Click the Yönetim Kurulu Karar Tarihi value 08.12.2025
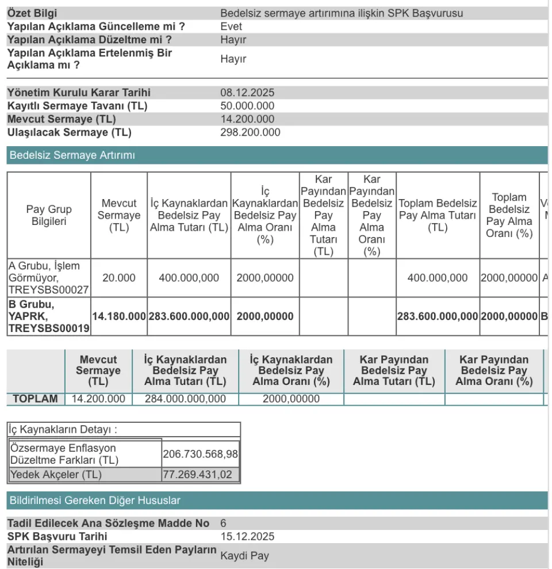[x=247, y=93]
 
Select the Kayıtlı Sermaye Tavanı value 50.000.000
[x=247, y=106]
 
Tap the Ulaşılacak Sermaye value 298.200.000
[x=250, y=132]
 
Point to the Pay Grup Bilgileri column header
[x=49, y=215]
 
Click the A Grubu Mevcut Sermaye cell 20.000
[x=119, y=278]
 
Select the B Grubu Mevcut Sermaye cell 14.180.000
[x=119, y=316]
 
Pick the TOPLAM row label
[x=35, y=399]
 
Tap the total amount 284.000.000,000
[x=185, y=399]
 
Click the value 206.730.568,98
[x=200, y=454]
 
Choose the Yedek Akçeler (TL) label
[x=56, y=475]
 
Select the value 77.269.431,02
[x=200, y=475]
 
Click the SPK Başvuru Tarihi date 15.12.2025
[x=247, y=537]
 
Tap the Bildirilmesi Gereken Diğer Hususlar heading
[x=95, y=501]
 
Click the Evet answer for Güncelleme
[x=231, y=26]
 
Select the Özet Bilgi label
[x=32, y=13]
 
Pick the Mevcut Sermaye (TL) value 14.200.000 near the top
[x=247, y=119]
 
